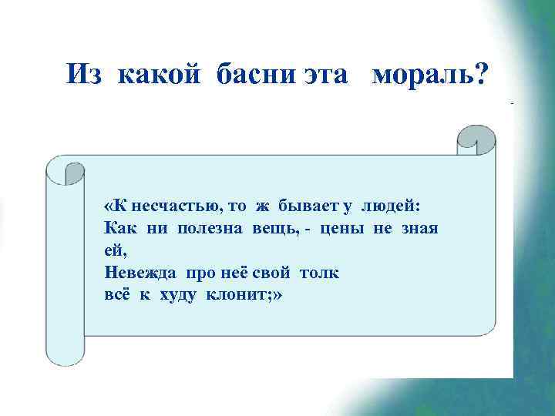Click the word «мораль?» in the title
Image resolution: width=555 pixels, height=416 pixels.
click(429, 74)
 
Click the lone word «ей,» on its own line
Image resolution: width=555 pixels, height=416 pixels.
click(114, 250)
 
